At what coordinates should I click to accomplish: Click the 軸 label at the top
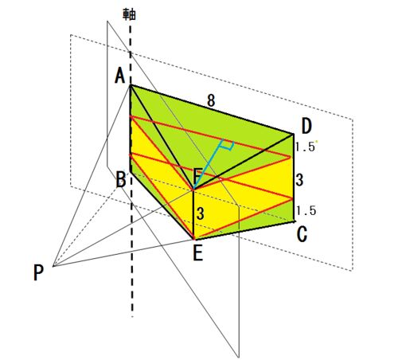(129, 14)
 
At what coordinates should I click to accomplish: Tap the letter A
(120, 76)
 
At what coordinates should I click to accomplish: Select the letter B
(121, 179)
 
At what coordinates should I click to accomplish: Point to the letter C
(302, 234)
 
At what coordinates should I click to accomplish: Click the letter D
(306, 127)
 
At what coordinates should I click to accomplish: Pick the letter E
(198, 253)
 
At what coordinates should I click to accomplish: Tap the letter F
(197, 176)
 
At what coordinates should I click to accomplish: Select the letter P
(38, 273)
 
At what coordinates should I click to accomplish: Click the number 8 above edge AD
(211, 101)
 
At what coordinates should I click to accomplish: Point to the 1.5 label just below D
(305, 147)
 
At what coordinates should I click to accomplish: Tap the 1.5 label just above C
(306, 210)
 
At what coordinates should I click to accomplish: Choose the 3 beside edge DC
(299, 180)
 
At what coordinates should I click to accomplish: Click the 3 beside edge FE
(201, 213)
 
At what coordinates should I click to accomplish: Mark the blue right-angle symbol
(228, 145)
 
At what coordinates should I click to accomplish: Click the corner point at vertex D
(294, 134)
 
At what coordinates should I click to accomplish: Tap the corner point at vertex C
(294, 221)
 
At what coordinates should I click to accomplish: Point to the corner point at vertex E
(194, 239)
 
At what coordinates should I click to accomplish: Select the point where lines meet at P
(53, 266)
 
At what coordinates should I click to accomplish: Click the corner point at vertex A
(130, 85)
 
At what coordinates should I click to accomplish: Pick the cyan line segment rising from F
(209, 164)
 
